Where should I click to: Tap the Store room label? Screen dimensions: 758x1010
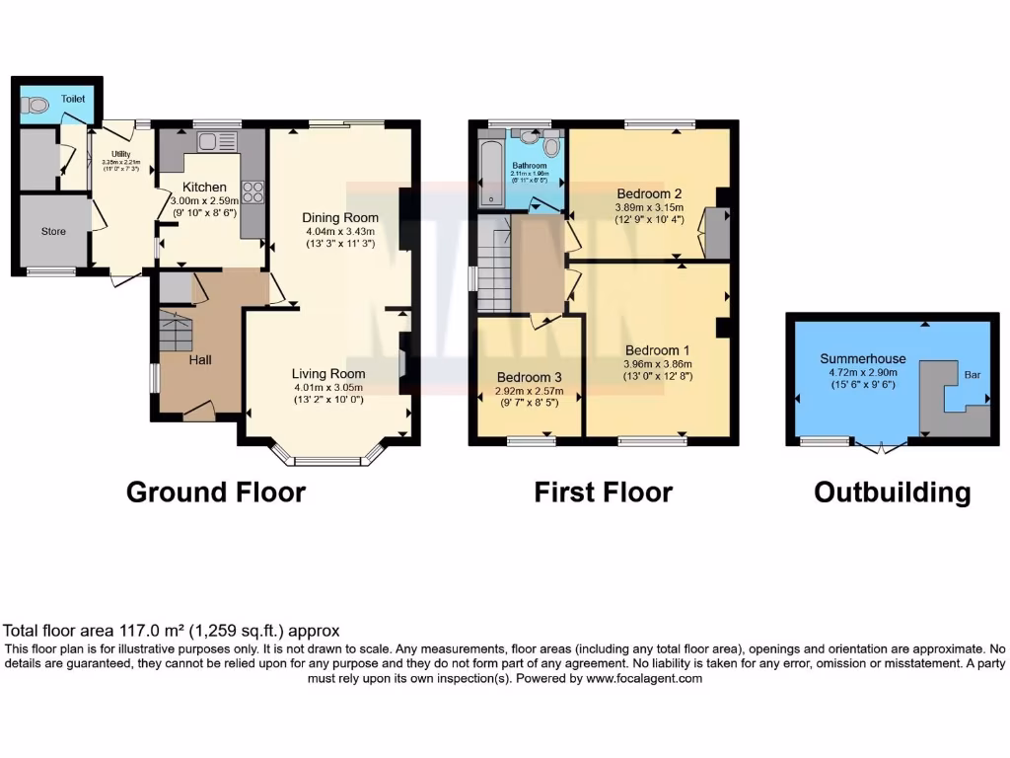pyautogui.click(x=53, y=231)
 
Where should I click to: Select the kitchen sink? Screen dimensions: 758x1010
pyautogui.click(x=211, y=141)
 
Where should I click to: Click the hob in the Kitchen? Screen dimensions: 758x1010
pyautogui.click(x=252, y=191)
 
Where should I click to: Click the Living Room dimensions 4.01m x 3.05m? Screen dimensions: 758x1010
pyautogui.click(x=328, y=387)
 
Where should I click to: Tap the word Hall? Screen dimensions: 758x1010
pyautogui.click(x=200, y=360)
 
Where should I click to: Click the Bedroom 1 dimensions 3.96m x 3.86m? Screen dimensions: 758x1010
pyautogui.click(x=658, y=363)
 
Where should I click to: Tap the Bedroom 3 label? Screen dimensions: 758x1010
pyautogui.click(x=529, y=377)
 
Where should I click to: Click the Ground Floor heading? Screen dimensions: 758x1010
pyautogui.click(x=215, y=492)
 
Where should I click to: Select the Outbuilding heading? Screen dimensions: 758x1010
pyautogui.click(x=892, y=492)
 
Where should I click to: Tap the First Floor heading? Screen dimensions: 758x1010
pyautogui.click(x=603, y=492)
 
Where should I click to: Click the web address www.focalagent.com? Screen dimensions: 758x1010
pyautogui.click(x=643, y=679)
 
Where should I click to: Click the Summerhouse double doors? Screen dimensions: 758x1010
pyautogui.click(x=881, y=447)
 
